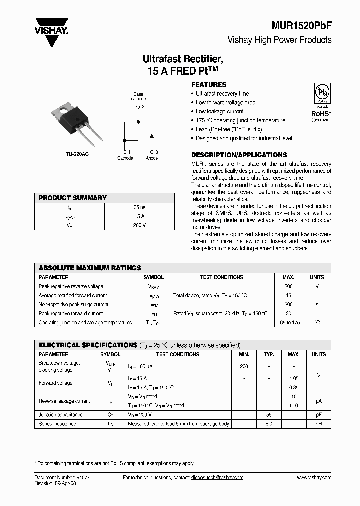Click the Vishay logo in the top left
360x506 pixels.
click(x=51, y=30)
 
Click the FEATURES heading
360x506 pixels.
click(x=209, y=85)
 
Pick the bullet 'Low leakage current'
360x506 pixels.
click(x=219, y=112)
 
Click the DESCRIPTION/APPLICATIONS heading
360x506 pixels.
click(x=239, y=155)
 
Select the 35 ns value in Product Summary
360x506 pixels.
click(x=139, y=207)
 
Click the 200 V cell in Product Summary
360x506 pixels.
click(x=139, y=225)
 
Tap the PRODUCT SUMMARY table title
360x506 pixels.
click(x=73, y=198)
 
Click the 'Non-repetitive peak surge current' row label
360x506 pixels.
click(x=73, y=305)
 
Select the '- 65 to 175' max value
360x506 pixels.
click(x=288, y=323)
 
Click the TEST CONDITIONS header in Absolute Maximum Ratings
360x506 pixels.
click(x=221, y=277)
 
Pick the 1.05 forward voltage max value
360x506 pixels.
click(x=294, y=379)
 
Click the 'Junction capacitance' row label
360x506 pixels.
click(x=61, y=415)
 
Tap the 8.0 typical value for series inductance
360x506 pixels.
click(x=269, y=424)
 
